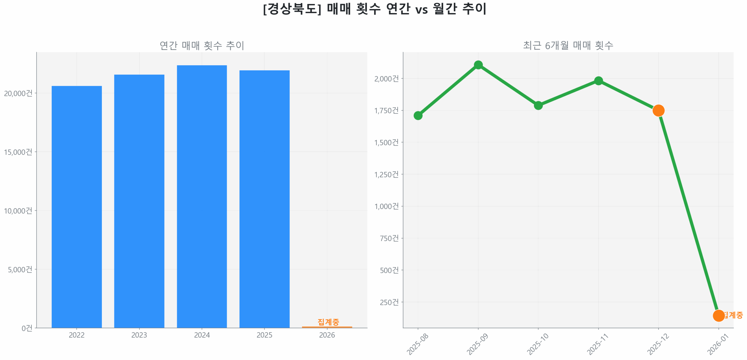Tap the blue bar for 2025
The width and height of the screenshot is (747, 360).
[264, 199]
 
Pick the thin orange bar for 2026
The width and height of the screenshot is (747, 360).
[327, 327]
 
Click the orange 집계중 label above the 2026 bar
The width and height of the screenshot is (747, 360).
[328, 322]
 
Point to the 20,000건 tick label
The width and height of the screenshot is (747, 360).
[18, 93]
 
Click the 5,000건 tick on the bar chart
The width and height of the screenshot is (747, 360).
[20, 269]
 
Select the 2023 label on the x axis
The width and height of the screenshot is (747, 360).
[139, 335]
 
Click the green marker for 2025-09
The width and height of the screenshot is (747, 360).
[478, 65]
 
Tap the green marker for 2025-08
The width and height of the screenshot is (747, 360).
[418, 116]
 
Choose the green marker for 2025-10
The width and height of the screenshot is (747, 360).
[538, 105]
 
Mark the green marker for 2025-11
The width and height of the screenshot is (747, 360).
[598, 81]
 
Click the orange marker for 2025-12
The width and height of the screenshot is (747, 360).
[658, 110]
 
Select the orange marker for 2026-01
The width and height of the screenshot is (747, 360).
[718, 315]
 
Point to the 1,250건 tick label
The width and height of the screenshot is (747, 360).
[386, 174]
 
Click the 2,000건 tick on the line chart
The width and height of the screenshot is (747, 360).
[386, 79]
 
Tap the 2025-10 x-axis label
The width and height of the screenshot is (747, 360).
[537, 344]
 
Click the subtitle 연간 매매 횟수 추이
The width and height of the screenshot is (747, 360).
[202, 46]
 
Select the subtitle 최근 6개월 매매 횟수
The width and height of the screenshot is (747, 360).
[568, 46]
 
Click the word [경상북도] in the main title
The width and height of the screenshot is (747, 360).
[292, 9]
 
